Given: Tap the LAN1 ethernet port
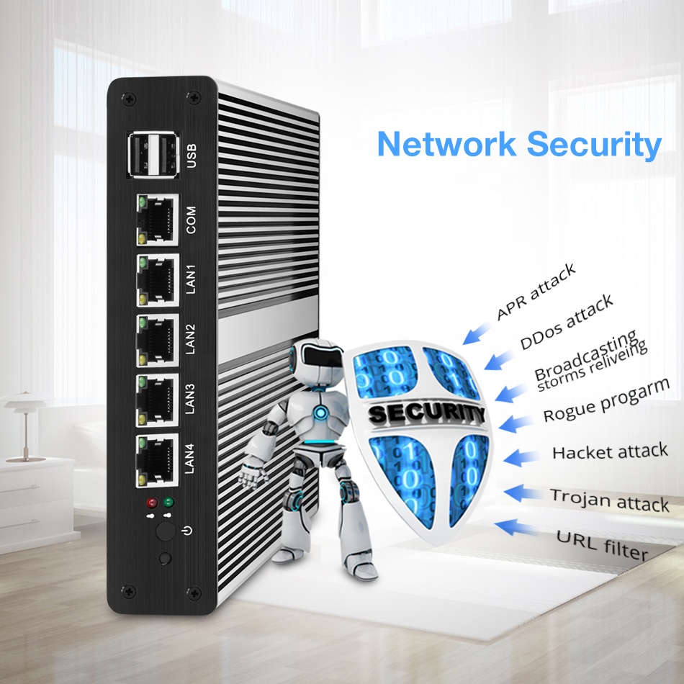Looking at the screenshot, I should tap(156, 277).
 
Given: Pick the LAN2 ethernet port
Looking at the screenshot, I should tap(156, 337).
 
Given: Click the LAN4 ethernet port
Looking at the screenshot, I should tap(156, 458).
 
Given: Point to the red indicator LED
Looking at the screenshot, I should tap(152, 503).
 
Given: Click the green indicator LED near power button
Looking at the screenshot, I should tap(169, 503).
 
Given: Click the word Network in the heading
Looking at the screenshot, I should tap(446, 143).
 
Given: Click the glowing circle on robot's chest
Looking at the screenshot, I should tap(320, 413).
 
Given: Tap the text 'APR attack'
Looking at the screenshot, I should tap(536, 291).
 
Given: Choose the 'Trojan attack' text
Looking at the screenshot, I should tap(610, 500).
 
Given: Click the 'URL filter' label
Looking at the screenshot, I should tap(602, 544).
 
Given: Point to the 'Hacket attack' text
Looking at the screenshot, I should tap(610, 452).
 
